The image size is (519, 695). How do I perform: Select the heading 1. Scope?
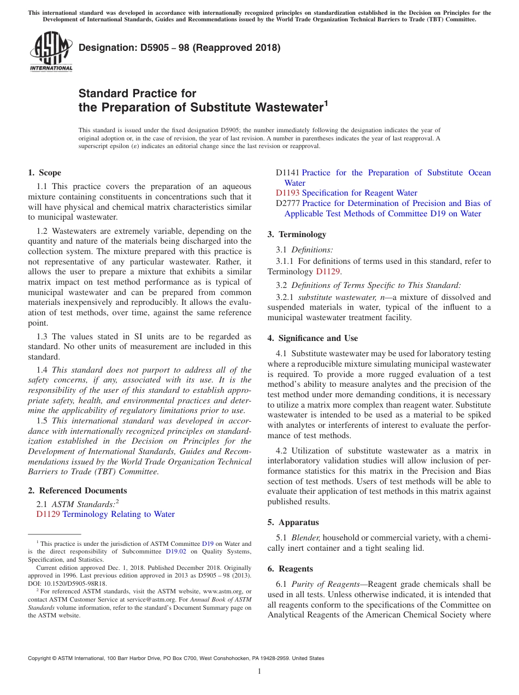(45, 173)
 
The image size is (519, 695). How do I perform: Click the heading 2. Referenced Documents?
(78, 491)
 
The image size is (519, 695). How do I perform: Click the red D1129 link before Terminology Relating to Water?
(48, 514)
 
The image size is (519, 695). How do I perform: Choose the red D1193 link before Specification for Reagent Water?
(287, 193)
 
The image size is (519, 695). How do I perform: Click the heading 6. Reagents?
(290, 569)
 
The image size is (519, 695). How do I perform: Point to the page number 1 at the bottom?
(259, 671)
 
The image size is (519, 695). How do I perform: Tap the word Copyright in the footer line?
(41, 658)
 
